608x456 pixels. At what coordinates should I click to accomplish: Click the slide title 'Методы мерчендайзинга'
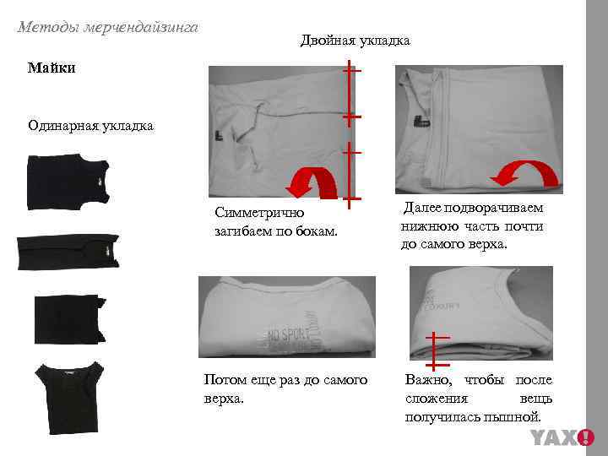point(107,28)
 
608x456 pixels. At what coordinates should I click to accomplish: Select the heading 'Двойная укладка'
point(355,40)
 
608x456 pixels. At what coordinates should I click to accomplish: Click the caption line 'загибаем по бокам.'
point(276,231)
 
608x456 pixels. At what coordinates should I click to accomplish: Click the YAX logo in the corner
point(562,437)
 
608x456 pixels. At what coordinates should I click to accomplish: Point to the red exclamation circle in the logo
point(586,437)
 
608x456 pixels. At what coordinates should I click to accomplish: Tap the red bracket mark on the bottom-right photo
point(435,349)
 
